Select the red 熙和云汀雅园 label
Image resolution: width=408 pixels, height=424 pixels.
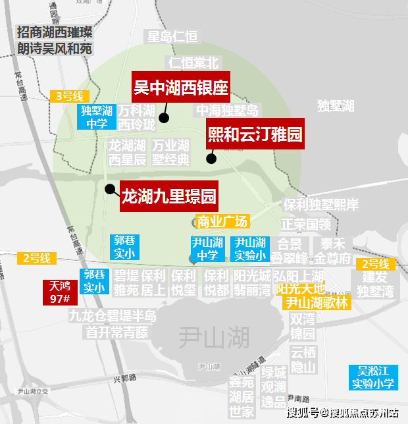pos(255,134)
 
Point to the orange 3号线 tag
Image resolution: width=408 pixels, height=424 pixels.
pos(68,96)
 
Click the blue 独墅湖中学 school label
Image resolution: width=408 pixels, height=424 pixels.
pos(95,117)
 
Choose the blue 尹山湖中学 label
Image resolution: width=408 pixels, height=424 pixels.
pos(207,248)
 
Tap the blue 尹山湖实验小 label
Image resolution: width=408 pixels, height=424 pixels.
pos(251,248)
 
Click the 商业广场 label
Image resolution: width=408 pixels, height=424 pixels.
pos(222,221)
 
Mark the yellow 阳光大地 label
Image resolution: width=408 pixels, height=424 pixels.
pos(300,288)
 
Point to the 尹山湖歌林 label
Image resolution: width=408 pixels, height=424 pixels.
pos(316,303)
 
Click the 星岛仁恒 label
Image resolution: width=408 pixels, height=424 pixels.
pos(172,37)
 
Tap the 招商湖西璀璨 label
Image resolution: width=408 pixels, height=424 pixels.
pos(55,32)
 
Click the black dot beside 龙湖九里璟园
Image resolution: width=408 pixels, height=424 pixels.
pos(109,189)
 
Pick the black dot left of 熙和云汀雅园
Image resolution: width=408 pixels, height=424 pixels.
pos(211,158)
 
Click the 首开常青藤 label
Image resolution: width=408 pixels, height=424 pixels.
pos(116,332)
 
